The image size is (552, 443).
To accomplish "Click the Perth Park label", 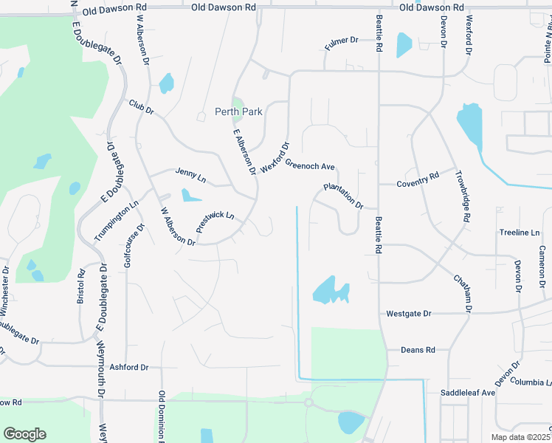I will (238, 112).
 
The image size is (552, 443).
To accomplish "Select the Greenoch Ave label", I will (310, 165).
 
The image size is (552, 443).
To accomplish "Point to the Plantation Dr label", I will (344, 196).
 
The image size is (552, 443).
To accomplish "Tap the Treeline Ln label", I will (520, 233).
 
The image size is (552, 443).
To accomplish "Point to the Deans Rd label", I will (418, 350).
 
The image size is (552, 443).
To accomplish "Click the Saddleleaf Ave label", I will (468, 393).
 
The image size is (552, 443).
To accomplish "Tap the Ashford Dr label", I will (129, 367).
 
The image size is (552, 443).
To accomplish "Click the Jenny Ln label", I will (190, 176).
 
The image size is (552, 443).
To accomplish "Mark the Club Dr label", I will (140, 107).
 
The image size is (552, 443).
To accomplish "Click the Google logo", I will (24, 434).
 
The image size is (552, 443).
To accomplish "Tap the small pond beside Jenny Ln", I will (191, 196).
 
